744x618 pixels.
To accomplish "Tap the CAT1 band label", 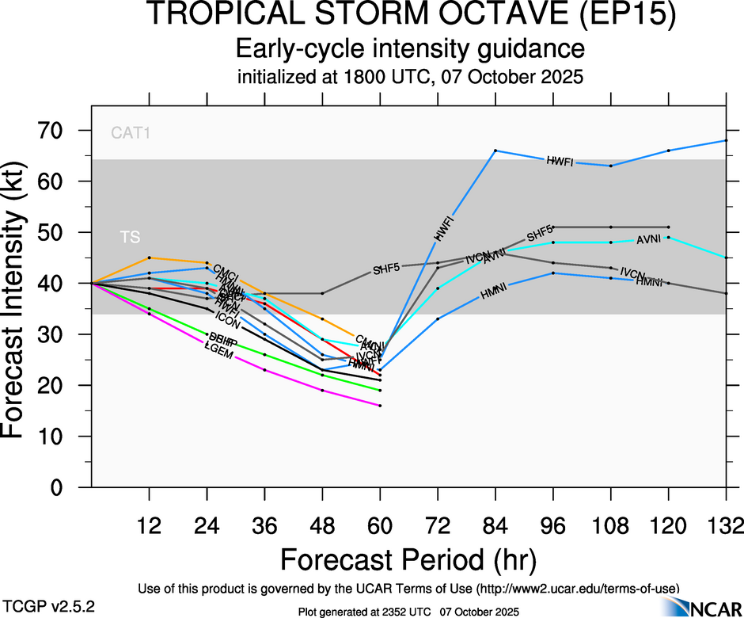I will [x=131, y=133].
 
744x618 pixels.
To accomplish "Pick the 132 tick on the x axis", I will [x=726, y=526].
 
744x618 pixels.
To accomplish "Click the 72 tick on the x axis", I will [x=437, y=526].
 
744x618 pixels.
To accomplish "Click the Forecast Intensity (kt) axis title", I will [x=20, y=309].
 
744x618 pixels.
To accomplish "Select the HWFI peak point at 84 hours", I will [x=495, y=150].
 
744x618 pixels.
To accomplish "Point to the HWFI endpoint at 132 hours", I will [x=726, y=140].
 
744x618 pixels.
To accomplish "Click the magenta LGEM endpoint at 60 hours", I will [x=380, y=406].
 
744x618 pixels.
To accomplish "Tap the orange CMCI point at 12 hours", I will [x=150, y=257].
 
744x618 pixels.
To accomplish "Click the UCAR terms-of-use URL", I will [x=577, y=589].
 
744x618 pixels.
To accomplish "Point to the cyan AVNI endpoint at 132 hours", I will [x=726, y=257].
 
